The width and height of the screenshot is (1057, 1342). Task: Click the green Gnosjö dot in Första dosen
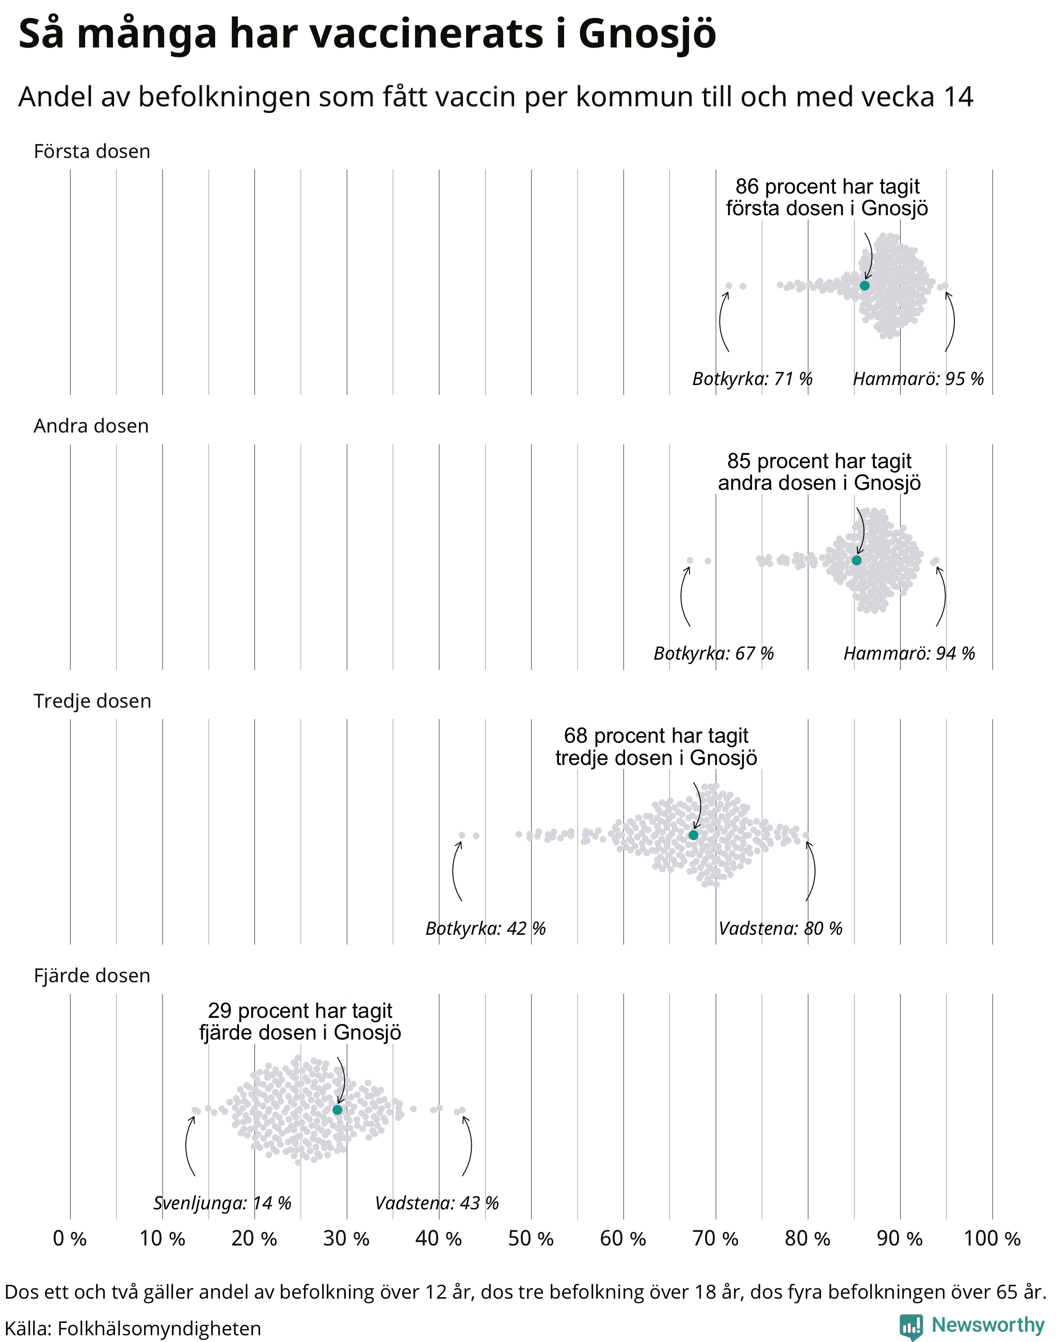click(864, 285)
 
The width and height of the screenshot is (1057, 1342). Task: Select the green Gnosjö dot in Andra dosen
click(857, 560)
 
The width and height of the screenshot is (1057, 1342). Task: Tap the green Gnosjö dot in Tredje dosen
click(693, 835)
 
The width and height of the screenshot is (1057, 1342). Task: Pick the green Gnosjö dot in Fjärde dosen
click(337, 1110)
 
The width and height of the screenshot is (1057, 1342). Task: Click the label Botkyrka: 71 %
click(752, 379)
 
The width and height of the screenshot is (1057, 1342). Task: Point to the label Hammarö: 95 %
click(918, 379)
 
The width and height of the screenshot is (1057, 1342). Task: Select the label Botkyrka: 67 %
click(714, 653)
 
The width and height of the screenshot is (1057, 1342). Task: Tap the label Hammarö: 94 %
click(909, 653)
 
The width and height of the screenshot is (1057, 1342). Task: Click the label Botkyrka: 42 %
click(486, 929)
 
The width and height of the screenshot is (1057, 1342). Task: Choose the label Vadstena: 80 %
click(780, 929)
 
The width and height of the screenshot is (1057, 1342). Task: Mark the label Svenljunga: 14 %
click(222, 1203)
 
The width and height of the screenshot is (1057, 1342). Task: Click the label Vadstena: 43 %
click(437, 1203)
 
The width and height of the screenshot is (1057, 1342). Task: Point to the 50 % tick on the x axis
click(531, 1239)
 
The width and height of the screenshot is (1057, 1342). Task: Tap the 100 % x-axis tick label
click(992, 1239)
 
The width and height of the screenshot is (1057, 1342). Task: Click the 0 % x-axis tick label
click(70, 1239)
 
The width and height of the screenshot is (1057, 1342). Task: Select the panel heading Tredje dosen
click(92, 701)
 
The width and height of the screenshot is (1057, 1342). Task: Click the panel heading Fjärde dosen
click(92, 976)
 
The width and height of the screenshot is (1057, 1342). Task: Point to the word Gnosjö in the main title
click(647, 35)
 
